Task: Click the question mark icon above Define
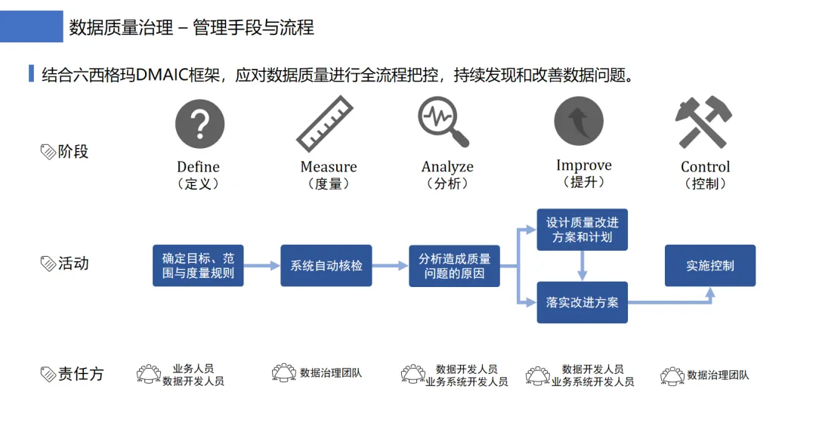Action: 200,124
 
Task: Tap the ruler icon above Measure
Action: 325,124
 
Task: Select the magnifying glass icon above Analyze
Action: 444,122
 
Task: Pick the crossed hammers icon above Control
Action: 703,122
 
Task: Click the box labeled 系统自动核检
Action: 326,266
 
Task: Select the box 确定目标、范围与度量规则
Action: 198,266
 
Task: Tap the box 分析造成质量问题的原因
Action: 454,266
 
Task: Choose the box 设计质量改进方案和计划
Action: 582,230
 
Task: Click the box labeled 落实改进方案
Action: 582,302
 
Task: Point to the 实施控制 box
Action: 710,266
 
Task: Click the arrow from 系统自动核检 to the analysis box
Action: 390,266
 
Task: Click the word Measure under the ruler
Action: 329,167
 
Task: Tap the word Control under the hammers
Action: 706,167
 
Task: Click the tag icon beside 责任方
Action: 48,374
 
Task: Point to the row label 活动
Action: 73,264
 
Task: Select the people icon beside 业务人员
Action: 149,373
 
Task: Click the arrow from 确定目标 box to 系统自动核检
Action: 261,266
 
